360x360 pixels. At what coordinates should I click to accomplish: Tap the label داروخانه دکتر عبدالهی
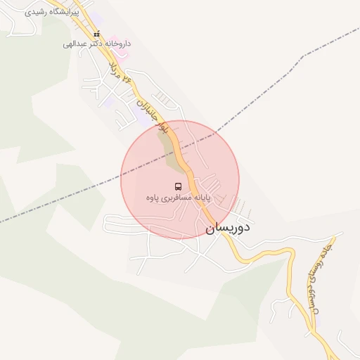point(96,44)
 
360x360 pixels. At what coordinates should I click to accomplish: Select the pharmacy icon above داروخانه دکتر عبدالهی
point(96,34)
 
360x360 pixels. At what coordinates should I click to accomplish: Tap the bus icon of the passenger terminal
point(178,186)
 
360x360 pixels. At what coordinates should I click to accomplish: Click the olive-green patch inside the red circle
point(172,151)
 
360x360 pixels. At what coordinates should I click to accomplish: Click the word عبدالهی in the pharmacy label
point(75,44)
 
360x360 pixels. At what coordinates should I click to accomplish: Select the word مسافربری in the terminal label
point(177,199)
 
